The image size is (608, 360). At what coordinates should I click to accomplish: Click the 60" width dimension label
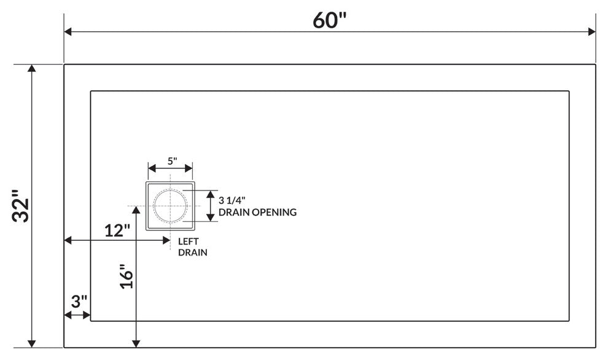[330, 20]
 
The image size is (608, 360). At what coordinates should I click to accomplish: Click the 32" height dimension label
[20, 206]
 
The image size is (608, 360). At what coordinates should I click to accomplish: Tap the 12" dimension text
[117, 230]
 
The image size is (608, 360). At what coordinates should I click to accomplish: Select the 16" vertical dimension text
[127, 276]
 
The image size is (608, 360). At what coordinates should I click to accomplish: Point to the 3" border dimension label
[79, 301]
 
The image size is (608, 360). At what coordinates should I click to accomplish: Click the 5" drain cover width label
[173, 161]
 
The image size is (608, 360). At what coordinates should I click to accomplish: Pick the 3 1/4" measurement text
[232, 200]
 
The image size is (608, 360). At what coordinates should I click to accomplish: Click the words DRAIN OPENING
[257, 212]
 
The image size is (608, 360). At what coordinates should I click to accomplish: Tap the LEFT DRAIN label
[192, 247]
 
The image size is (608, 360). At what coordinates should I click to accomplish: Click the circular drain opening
[170, 189]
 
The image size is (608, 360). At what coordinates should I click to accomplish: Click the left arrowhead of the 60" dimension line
[68, 32]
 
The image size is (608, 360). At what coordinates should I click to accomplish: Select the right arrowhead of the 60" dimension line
[591, 32]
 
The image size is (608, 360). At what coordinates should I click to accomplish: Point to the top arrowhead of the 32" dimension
[32, 68]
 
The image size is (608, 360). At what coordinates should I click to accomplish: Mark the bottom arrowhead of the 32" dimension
[32, 343]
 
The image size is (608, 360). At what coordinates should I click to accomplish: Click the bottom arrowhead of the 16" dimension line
[136, 343]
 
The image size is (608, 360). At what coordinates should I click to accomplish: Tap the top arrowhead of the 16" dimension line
[136, 210]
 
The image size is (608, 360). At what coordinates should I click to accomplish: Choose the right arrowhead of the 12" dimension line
[166, 241]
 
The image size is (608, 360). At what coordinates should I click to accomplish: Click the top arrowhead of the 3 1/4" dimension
[210, 194]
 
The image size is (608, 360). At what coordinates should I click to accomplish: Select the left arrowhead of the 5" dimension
[152, 168]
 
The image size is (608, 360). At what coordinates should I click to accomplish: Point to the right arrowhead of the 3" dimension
[87, 315]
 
